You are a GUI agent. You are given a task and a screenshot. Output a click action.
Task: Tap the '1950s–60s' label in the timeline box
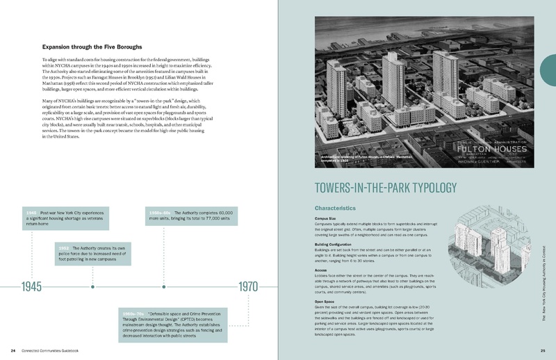(158, 211)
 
